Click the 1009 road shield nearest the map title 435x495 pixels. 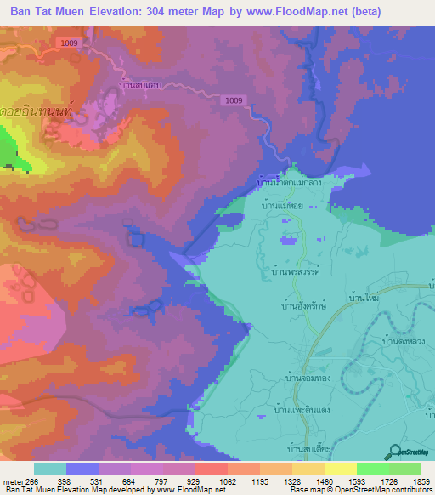tap(70, 42)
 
